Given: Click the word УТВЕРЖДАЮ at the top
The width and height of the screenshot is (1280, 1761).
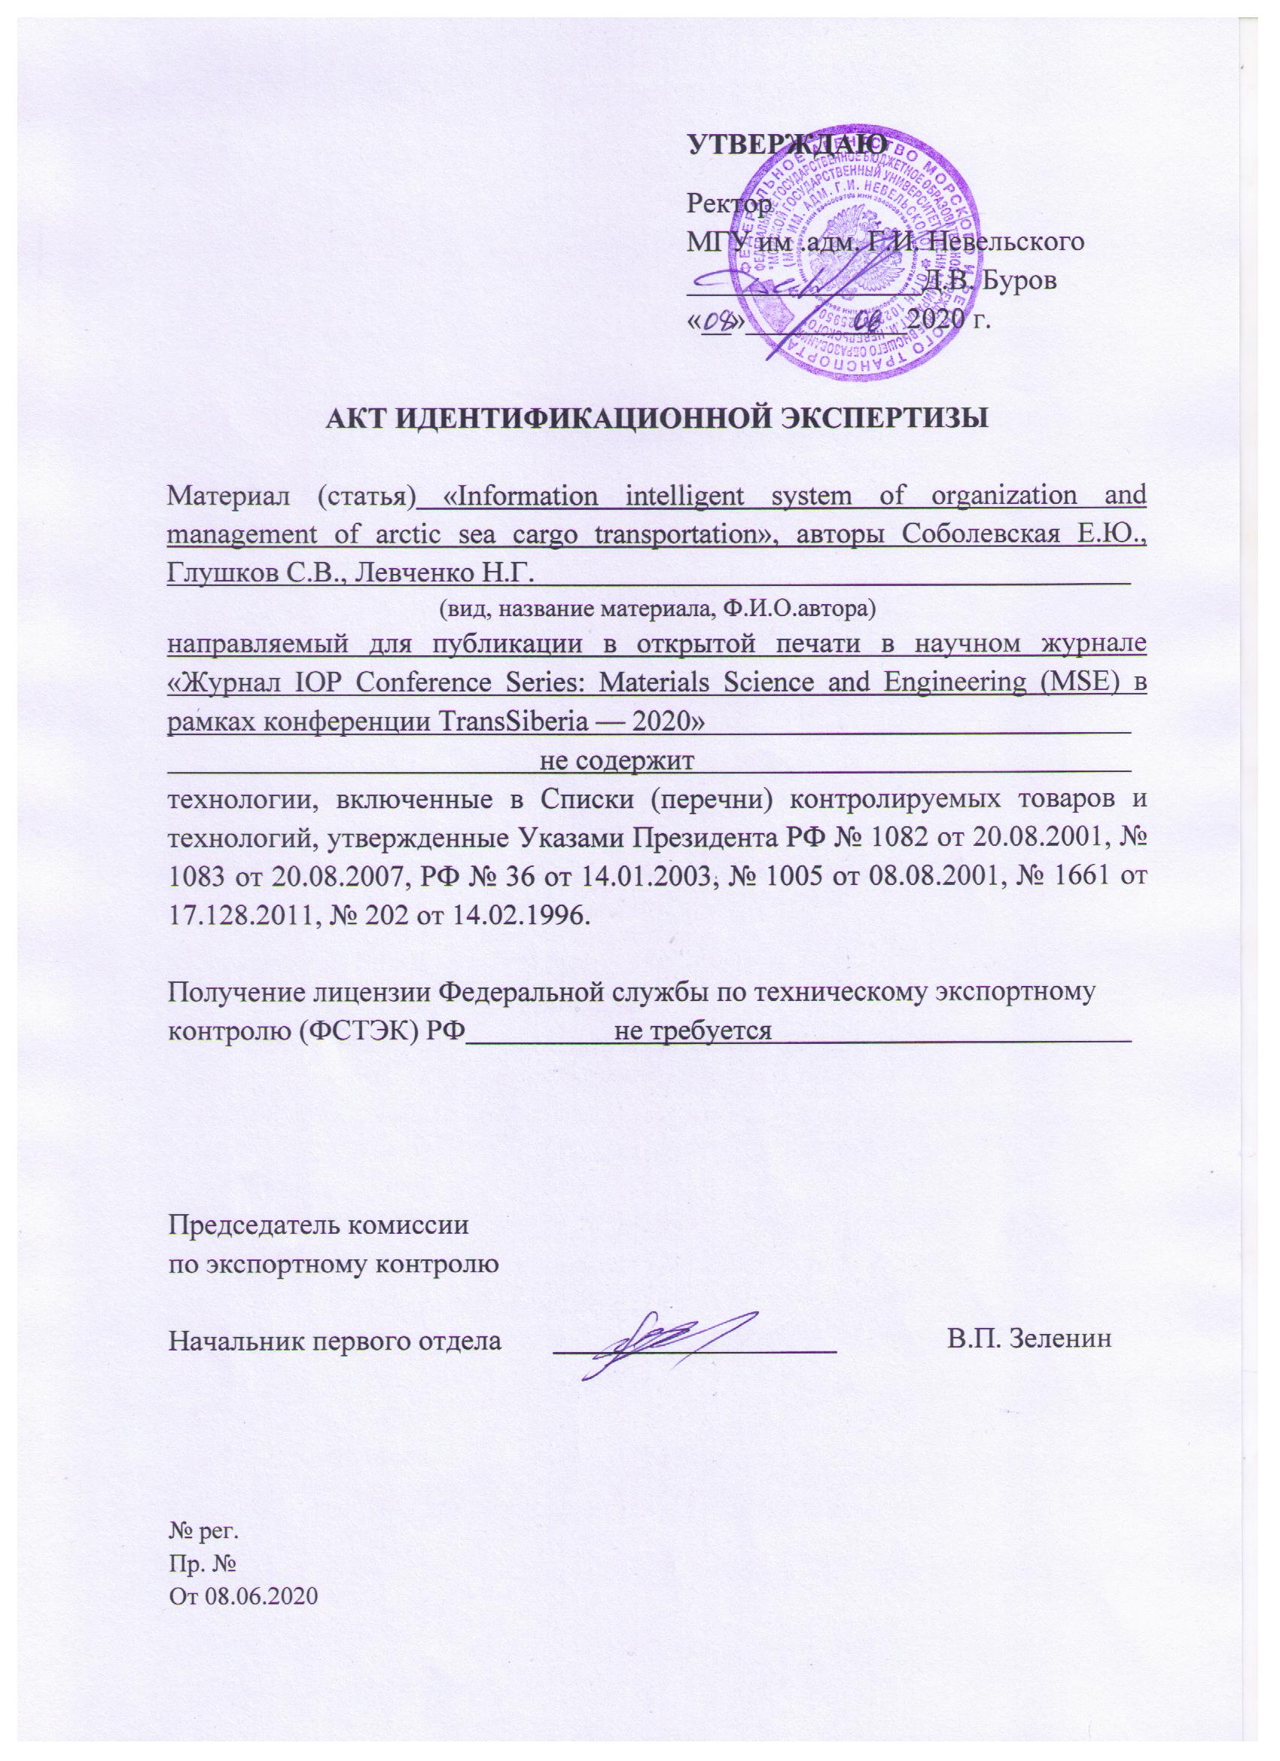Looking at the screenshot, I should coord(788,145).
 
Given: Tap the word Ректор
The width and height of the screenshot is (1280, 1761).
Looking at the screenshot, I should coord(729,203).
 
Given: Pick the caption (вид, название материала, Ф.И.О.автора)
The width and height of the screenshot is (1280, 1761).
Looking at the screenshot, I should coord(657,610).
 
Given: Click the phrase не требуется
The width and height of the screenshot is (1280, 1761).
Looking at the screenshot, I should coord(693,1032).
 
